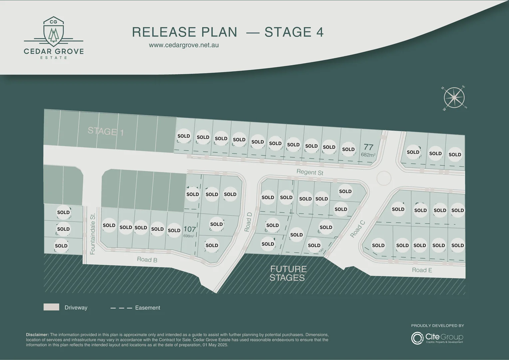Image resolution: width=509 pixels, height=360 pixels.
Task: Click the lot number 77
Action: pyautogui.click(x=368, y=147)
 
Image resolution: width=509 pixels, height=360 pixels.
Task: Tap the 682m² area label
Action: pyautogui.click(x=368, y=155)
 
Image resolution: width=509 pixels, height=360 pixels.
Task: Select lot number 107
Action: pyautogui.click(x=190, y=229)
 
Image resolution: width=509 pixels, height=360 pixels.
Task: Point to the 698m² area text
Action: pyautogui.click(x=189, y=236)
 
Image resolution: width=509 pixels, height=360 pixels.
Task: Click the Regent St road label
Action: pyautogui.click(x=310, y=172)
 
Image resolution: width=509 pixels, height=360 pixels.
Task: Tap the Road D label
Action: pyautogui.click(x=248, y=222)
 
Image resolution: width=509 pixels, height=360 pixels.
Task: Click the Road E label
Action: pyautogui.click(x=422, y=270)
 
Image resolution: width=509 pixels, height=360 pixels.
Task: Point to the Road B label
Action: pyautogui.click(x=147, y=259)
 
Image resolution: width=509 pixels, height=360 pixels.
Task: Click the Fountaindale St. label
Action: pyautogui.click(x=93, y=234)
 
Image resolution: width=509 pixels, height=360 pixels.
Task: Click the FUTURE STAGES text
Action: pyautogui.click(x=288, y=273)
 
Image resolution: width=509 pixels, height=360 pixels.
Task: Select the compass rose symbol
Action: pyautogui.click(x=454, y=98)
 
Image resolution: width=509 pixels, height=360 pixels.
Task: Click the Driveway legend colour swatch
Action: pyautogui.click(x=51, y=307)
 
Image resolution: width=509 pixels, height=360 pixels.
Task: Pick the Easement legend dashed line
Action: pyautogui.click(x=121, y=308)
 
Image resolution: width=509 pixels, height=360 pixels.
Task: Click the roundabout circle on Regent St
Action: pyautogui.click(x=384, y=178)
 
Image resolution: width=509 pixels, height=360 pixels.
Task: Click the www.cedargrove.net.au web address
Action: pyautogui.click(x=184, y=45)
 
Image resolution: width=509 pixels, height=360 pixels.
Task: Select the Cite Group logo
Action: pyautogui.click(x=437, y=338)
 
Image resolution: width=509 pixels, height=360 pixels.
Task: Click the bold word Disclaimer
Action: pyautogui.click(x=37, y=335)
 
